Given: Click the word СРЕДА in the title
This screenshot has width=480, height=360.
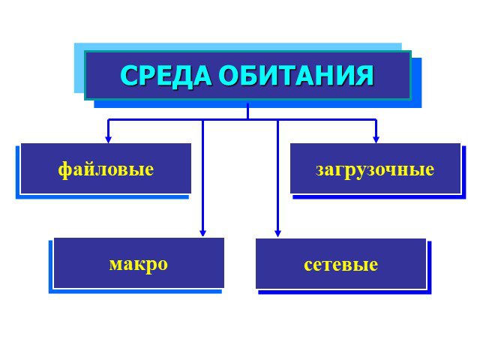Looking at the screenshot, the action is point(166,76).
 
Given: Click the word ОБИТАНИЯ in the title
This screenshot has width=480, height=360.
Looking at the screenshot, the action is point(296,76).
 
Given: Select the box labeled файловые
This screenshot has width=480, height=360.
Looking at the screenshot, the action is point(106,168).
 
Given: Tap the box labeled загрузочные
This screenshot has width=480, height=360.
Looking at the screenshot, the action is point(375,168).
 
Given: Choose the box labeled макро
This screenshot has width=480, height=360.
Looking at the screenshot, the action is point(139,263).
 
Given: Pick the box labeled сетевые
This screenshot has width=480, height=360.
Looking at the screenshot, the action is point(341,264).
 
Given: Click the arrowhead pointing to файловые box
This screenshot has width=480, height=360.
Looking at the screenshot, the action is point(108,139).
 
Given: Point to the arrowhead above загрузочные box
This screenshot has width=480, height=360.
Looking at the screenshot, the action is point(376,139).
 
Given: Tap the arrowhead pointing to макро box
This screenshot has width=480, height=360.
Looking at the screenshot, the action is point(202,233).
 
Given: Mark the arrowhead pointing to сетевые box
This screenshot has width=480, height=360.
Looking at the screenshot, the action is point(277,233).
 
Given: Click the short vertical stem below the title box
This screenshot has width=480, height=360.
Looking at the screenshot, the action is point(247,111).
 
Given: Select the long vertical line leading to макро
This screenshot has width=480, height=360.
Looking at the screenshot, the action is point(202,178).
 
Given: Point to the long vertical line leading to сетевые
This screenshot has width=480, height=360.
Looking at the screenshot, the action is point(277,178).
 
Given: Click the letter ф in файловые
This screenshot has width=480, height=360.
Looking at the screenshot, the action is point(64,170).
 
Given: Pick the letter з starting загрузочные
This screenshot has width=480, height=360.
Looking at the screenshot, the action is point(320,170).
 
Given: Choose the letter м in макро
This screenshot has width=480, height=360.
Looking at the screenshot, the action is point(116,265).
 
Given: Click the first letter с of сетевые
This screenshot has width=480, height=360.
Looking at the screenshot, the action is point(308,265).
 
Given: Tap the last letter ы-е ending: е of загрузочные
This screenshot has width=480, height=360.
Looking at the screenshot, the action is point(430,170).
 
